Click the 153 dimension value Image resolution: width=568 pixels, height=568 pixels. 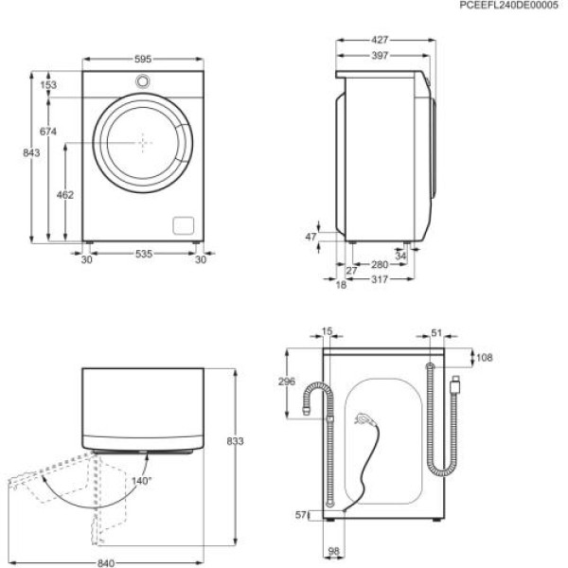coord(48,85)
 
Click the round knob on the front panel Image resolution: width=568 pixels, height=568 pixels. coord(142,80)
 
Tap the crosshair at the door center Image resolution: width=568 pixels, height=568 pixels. coord(143,143)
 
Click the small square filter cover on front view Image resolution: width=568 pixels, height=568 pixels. coord(182,224)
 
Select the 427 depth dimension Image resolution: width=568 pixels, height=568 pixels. coord(381,41)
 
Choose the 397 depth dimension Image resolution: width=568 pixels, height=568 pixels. coord(381,56)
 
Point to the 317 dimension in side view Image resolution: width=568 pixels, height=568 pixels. coord(381,280)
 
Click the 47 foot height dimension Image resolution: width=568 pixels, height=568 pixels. coord(310,238)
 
